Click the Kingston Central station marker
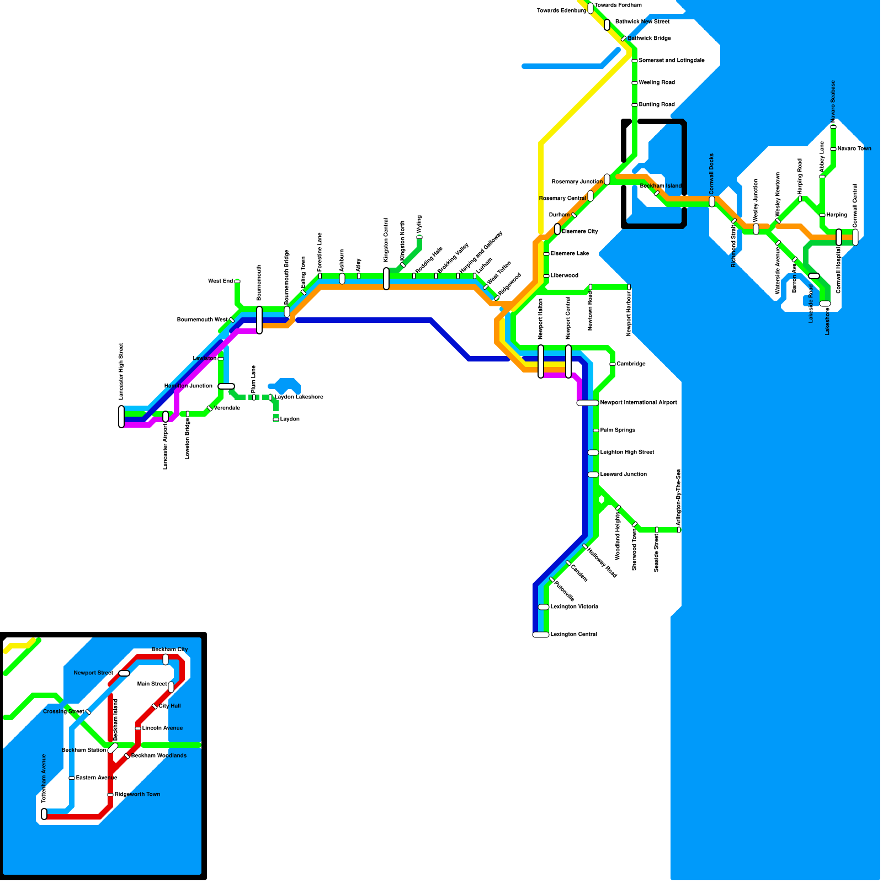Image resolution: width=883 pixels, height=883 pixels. point(386,278)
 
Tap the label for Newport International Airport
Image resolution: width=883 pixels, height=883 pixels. point(638,402)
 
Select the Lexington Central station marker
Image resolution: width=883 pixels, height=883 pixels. point(541,635)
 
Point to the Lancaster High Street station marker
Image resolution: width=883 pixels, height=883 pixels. point(121,416)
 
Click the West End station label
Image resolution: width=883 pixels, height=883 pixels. point(220,281)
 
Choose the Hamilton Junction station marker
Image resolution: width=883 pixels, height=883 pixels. point(226,386)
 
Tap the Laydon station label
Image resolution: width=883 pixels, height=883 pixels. point(290,419)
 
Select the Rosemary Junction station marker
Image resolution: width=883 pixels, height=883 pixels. point(607,179)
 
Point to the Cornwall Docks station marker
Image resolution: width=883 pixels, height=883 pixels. point(712,201)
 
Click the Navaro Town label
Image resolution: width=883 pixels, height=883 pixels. point(854,148)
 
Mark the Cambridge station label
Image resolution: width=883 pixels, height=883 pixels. point(631,364)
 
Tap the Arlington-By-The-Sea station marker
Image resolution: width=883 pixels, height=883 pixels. point(679,530)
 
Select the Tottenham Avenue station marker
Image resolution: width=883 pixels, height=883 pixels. point(44,814)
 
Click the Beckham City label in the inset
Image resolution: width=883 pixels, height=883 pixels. point(169,649)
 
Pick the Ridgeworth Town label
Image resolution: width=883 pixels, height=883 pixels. point(137,794)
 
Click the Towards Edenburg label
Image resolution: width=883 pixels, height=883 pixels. point(561,10)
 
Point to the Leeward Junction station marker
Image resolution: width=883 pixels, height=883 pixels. point(593,475)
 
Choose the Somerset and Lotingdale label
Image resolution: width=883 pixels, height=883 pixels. point(672,60)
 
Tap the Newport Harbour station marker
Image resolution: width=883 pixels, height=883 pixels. point(629,287)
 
